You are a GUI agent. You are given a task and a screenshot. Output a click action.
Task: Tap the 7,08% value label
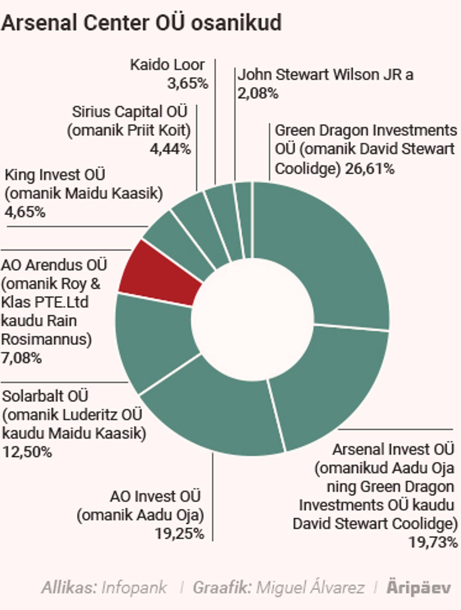[22, 358]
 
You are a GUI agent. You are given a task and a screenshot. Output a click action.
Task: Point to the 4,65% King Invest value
[25, 212]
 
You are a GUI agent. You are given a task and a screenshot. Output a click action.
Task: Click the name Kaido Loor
[167, 65]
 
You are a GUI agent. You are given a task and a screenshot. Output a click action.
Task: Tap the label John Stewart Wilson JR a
[325, 75]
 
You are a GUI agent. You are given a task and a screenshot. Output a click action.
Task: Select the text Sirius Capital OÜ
[129, 112]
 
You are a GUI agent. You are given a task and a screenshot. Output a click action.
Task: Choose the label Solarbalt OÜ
[45, 396]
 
